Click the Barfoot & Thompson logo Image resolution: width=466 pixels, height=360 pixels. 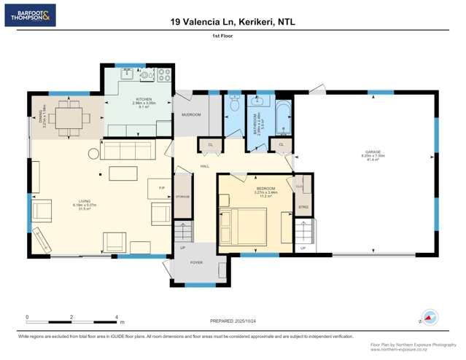point(30,15)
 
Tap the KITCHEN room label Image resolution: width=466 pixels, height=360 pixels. point(144,99)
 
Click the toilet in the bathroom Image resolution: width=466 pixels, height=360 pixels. point(233,106)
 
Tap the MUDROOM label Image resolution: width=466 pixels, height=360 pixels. point(190,114)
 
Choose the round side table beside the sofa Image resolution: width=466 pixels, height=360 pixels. point(93,153)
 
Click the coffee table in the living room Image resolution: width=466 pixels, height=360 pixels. point(123,173)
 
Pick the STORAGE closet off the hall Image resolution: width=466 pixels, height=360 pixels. point(182,197)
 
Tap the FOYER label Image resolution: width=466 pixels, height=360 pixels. point(197,262)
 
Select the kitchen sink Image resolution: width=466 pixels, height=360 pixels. point(129,74)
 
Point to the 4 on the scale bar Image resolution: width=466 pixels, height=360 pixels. point(116,317)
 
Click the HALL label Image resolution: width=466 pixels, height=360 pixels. point(205,166)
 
